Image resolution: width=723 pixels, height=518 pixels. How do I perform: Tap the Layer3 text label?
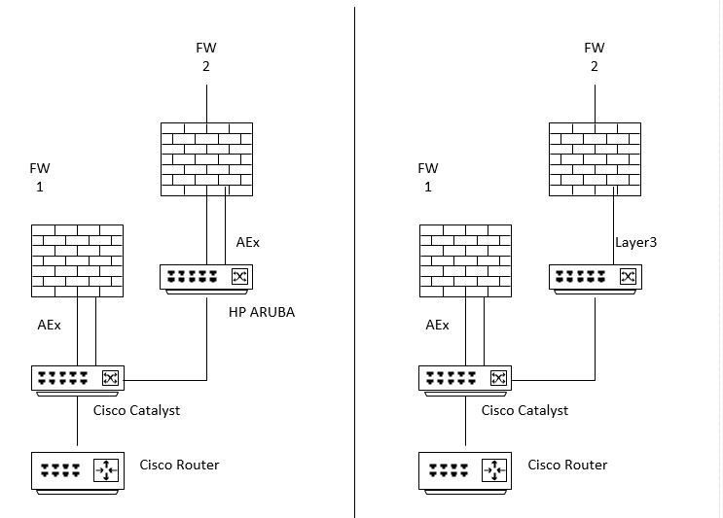(x=636, y=242)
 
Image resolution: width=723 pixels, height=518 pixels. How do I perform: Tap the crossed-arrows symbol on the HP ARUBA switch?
(x=239, y=277)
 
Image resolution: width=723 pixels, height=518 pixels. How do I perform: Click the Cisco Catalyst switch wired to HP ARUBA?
(x=77, y=379)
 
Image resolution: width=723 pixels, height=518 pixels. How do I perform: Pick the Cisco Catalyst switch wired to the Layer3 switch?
(x=465, y=379)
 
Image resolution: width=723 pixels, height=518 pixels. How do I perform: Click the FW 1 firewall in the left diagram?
(x=77, y=260)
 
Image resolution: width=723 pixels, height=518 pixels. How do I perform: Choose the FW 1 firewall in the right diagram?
(x=465, y=260)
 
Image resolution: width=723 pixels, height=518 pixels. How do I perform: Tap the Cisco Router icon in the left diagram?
(x=77, y=472)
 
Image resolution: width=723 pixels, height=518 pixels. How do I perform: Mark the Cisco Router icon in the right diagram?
(x=465, y=472)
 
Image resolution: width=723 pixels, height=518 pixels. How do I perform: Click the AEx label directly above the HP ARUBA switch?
(x=248, y=242)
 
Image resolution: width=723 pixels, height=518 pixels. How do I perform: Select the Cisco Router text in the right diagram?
(x=567, y=465)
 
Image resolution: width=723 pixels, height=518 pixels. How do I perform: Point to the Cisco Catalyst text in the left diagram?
(x=136, y=410)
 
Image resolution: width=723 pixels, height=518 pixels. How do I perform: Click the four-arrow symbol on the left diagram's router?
(x=104, y=471)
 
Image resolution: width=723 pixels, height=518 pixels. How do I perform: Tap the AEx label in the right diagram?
(x=437, y=325)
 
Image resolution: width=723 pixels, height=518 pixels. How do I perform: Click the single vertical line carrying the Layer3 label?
(x=614, y=232)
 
